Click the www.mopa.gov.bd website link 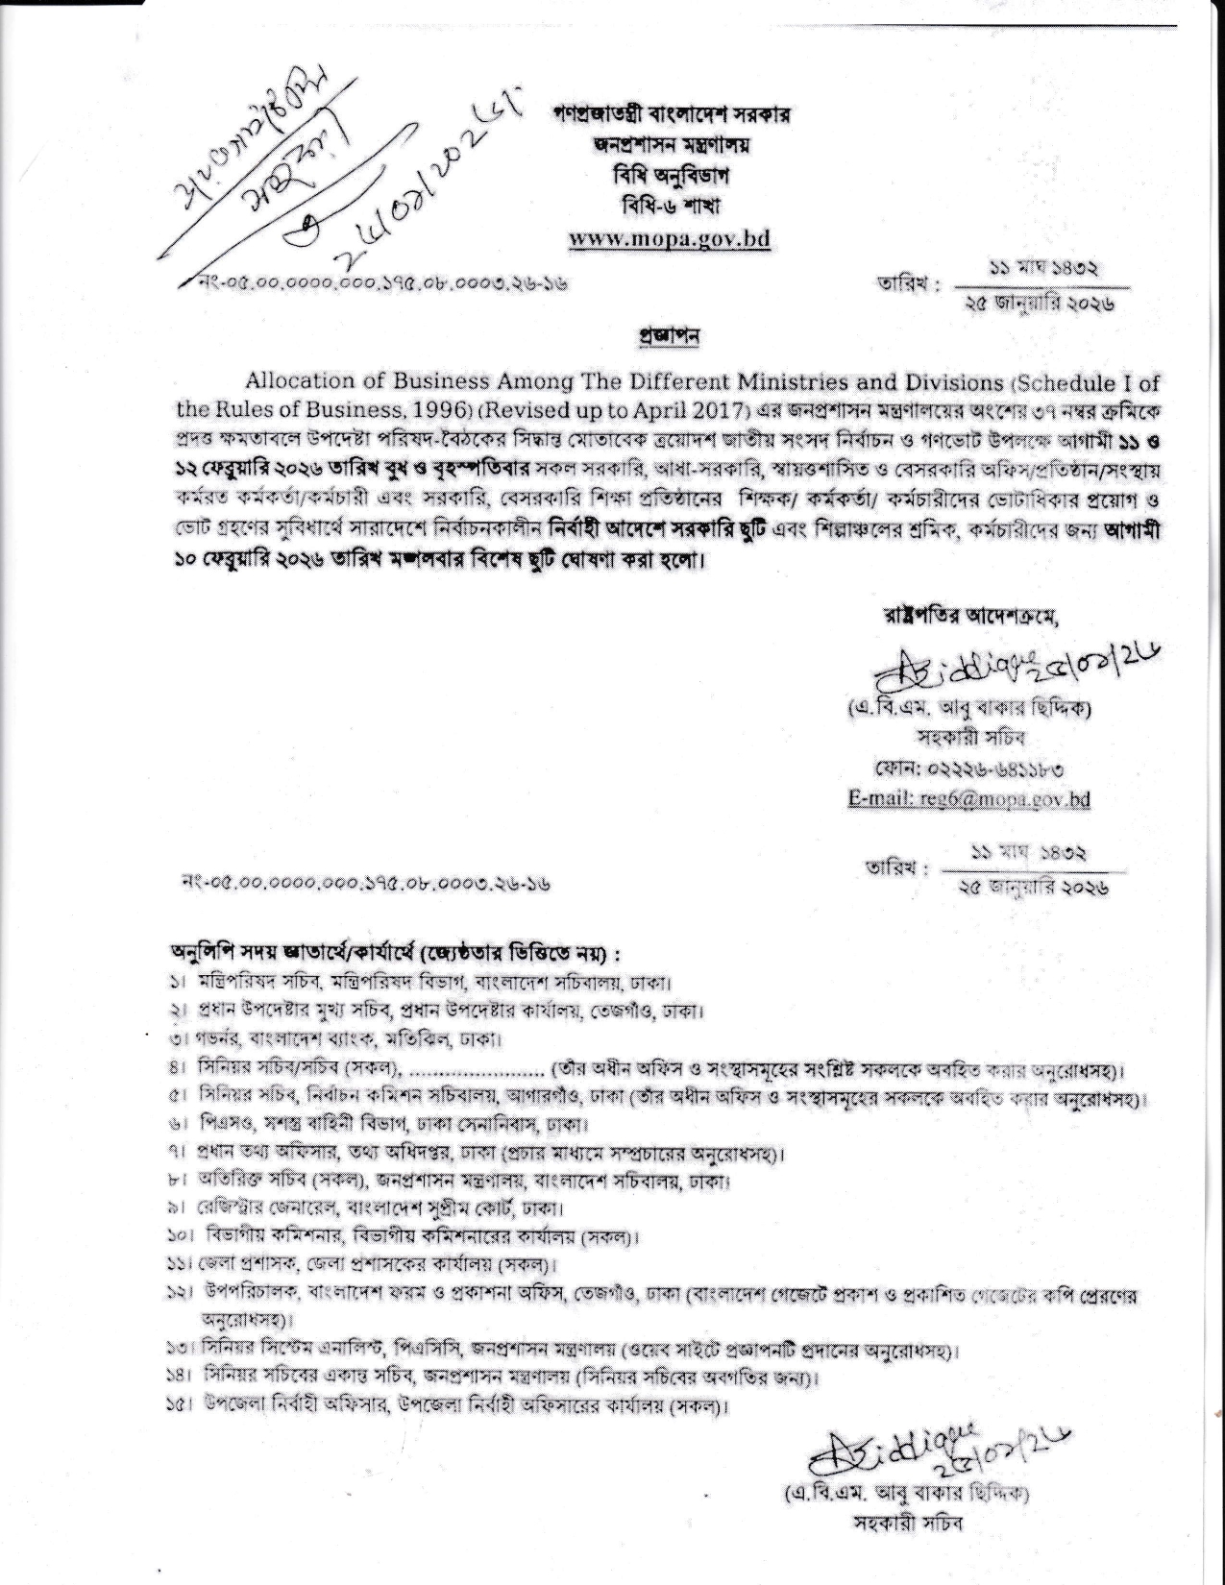point(670,238)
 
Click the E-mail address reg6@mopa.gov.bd point(968,798)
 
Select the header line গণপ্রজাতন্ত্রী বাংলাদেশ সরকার point(670,114)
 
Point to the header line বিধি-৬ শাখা point(670,207)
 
